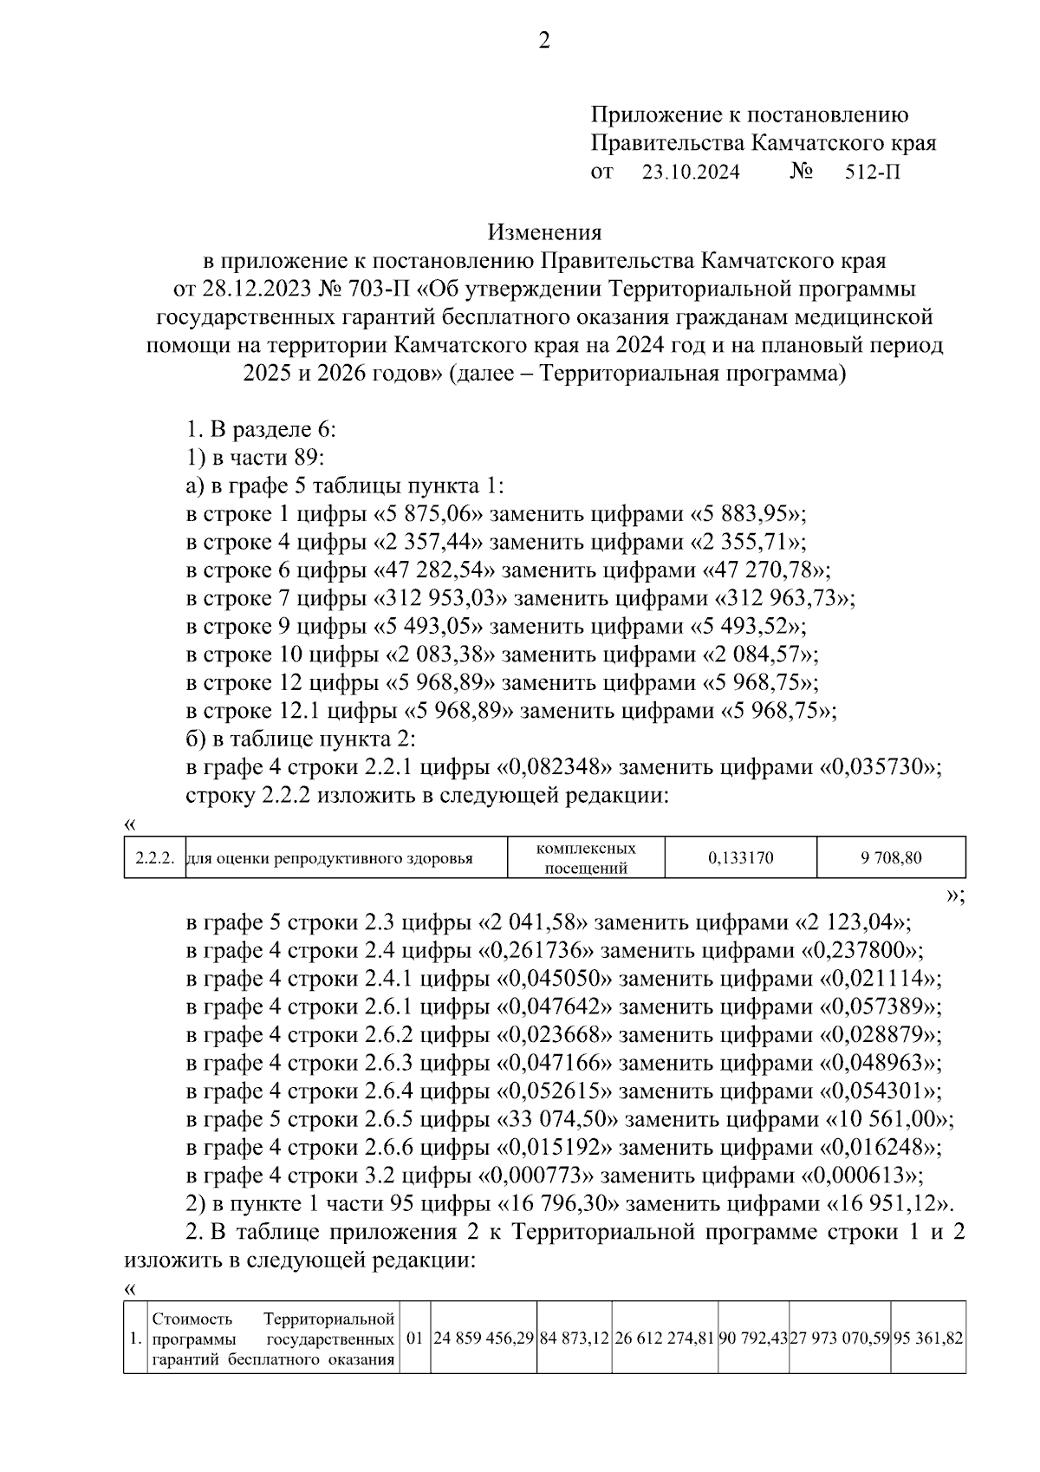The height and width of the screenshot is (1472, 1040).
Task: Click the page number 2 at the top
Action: click(x=544, y=41)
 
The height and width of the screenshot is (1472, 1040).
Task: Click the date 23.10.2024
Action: click(x=691, y=172)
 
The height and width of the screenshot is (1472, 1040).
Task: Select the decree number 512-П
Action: click(x=873, y=172)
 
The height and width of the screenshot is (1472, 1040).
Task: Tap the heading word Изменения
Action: click(x=544, y=232)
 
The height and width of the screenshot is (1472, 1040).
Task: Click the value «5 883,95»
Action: click(x=748, y=514)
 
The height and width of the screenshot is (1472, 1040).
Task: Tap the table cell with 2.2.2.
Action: click(x=155, y=859)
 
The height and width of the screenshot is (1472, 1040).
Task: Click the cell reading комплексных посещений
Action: click(x=586, y=858)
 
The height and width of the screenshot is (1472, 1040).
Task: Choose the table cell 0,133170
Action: click(x=740, y=859)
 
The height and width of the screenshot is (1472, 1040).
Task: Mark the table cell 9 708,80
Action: click(x=891, y=859)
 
